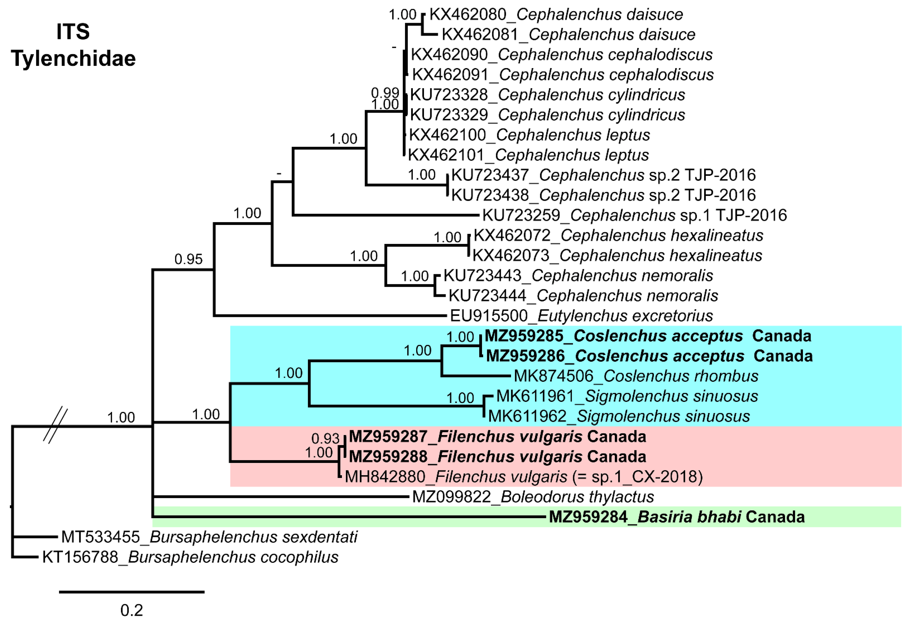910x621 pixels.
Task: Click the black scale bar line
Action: (132, 592)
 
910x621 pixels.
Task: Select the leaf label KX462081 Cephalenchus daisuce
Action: (568, 34)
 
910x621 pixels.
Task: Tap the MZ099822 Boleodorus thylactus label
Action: (533, 497)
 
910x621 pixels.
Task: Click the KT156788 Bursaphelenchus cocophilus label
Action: (190, 557)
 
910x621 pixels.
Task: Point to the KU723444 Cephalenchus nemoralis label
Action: (583, 296)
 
